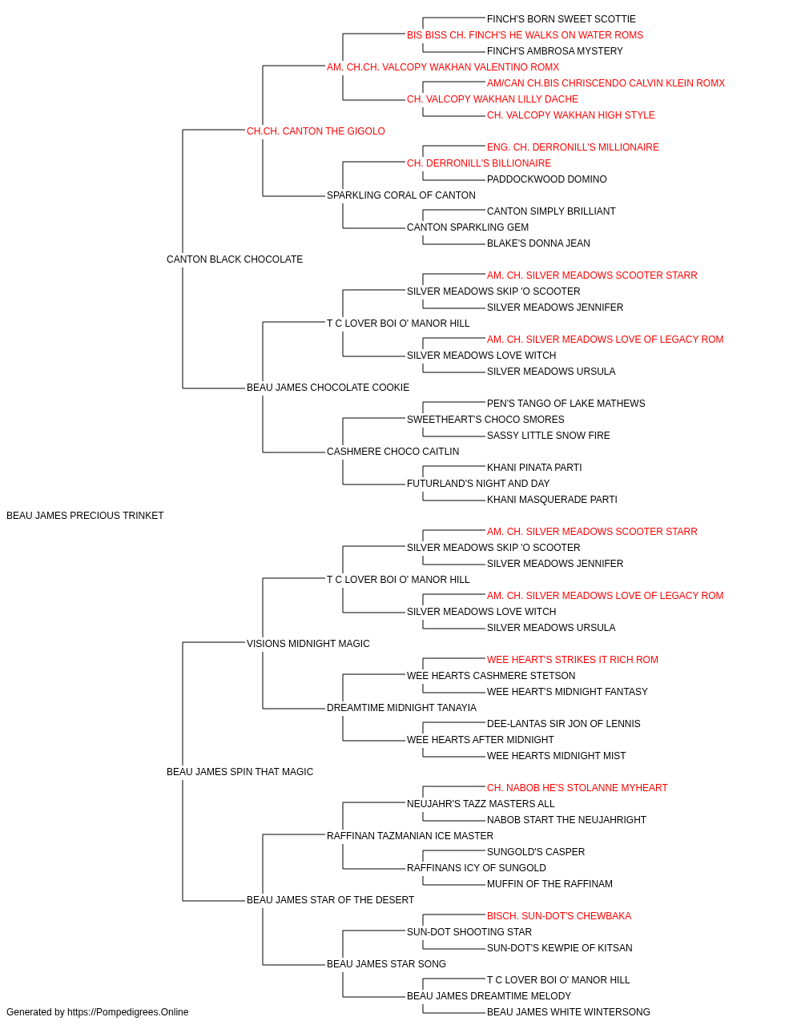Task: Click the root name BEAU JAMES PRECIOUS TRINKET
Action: click(x=85, y=516)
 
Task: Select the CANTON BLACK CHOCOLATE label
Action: click(x=235, y=259)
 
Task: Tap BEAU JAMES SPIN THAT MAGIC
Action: click(x=239, y=772)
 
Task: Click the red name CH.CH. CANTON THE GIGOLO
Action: click(x=316, y=131)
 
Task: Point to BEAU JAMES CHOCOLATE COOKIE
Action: click(x=328, y=388)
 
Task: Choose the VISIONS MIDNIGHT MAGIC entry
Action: click(x=308, y=643)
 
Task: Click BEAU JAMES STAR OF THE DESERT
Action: click(x=330, y=899)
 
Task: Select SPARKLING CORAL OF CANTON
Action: click(x=401, y=195)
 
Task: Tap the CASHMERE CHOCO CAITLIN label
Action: click(x=393, y=452)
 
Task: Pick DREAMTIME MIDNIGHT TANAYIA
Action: click(x=401, y=708)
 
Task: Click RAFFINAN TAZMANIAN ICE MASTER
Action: click(x=410, y=835)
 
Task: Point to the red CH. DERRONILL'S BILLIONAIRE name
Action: click(x=479, y=163)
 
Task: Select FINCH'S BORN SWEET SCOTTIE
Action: click(x=562, y=19)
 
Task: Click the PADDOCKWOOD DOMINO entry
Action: click(x=547, y=179)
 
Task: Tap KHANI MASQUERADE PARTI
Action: click(x=552, y=500)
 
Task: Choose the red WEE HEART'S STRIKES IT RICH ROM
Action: click(x=572, y=659)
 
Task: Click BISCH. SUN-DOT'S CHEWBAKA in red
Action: click(x=559, y=915)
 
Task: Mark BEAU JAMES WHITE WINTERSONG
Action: click(x=569, y=1012)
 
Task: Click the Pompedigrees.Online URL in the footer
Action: click(x=127, y=1012)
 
